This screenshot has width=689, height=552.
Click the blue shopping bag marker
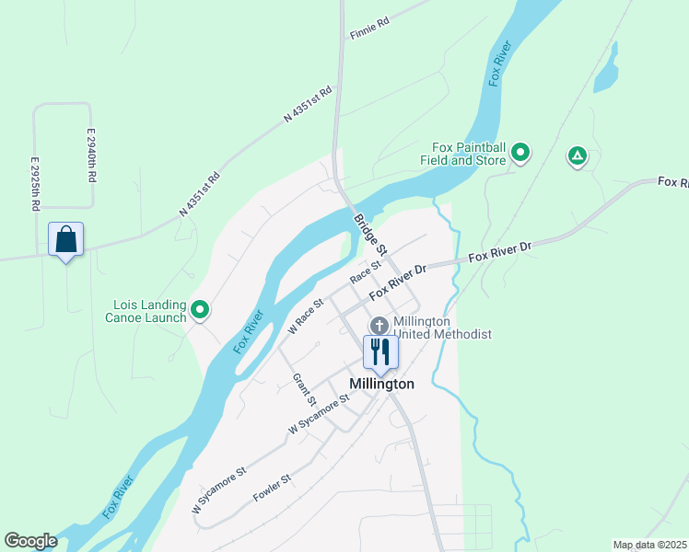click(65, 240)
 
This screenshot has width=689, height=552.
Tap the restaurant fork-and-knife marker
click(380, 351)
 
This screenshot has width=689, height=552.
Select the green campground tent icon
click(577, 155)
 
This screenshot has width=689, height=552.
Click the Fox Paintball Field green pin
click(520, 153)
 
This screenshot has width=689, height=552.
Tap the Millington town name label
click(381, 384)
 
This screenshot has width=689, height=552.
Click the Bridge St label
click(370, 236)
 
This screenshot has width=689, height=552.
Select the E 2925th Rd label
click(35, 184)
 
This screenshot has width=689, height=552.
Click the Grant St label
click(304, 389)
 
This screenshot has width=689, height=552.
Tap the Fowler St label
click(272, 487)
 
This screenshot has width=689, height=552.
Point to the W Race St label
click(306, 316)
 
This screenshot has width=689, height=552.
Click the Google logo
click(30, 541)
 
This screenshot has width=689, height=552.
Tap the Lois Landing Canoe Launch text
click(149, 312)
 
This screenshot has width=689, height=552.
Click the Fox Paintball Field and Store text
click(469, 154)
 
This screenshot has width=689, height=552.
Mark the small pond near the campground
click(605, 79)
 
